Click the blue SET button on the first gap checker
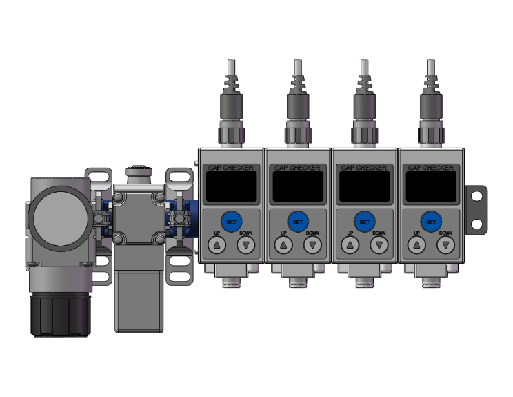pyautogui.click(x=231, y=222)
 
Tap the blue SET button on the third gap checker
pyautogui.click(x=364, y=222)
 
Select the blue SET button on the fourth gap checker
pyautogui.click(x=431, y=222)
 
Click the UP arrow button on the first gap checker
pyautogui.click(x=217, y=245)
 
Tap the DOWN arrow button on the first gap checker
pyautogui.click(x=246, y=245)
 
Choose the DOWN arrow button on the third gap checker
pyautogui.click(x=379, y=245)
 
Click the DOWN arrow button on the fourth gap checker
pyautogui.click(x=446, y=245)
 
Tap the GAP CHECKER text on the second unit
pyautogui.click(x=298, y=168)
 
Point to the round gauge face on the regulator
pyautogui.click(x=61, y=218)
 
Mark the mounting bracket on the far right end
pyautogui.click(x=476, y=207)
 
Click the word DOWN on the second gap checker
pyautogui.click(x=312, y=233)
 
